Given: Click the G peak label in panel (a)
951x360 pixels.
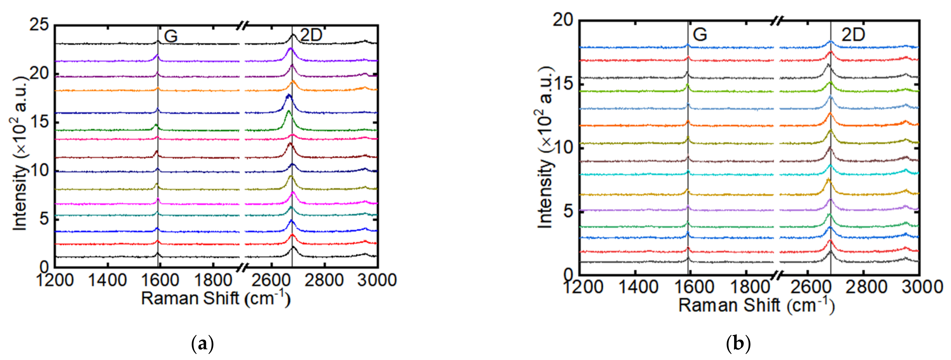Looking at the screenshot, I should pyautogui.click(x=171, y=36).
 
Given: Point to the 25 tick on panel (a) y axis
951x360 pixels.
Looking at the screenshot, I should pyautogui.click(x=39, y=25).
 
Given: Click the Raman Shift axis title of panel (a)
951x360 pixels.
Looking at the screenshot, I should pyautogui.click(x=216, y=298).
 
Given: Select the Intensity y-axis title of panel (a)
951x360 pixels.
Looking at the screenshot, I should pyautogui.click(x=21, y=153).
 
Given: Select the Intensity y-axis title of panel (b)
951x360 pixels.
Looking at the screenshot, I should pyautogui.click(x=545, y=148).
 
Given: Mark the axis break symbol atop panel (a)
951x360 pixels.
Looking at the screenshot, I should pyautogui.click(x=243, y=25).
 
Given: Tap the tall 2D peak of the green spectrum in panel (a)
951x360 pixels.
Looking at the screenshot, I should pyautogui.click(x=288, y=112).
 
